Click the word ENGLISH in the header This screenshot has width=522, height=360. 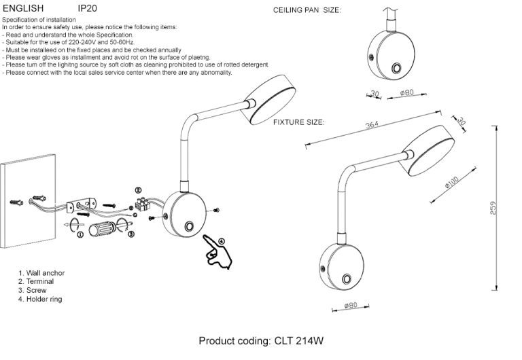(x=23, y=8)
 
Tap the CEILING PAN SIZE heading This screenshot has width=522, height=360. (x=307, y=12)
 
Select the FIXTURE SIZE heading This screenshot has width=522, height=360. (x=298, y=122)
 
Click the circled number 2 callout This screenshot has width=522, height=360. (x=138, y=191)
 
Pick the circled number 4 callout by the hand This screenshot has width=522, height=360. (x=221, y=240)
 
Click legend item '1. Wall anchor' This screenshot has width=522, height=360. (x=41, y=272)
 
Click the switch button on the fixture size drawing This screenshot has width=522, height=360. (x=346, y=279)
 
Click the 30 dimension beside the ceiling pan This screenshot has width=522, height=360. (x=375, y=93)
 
